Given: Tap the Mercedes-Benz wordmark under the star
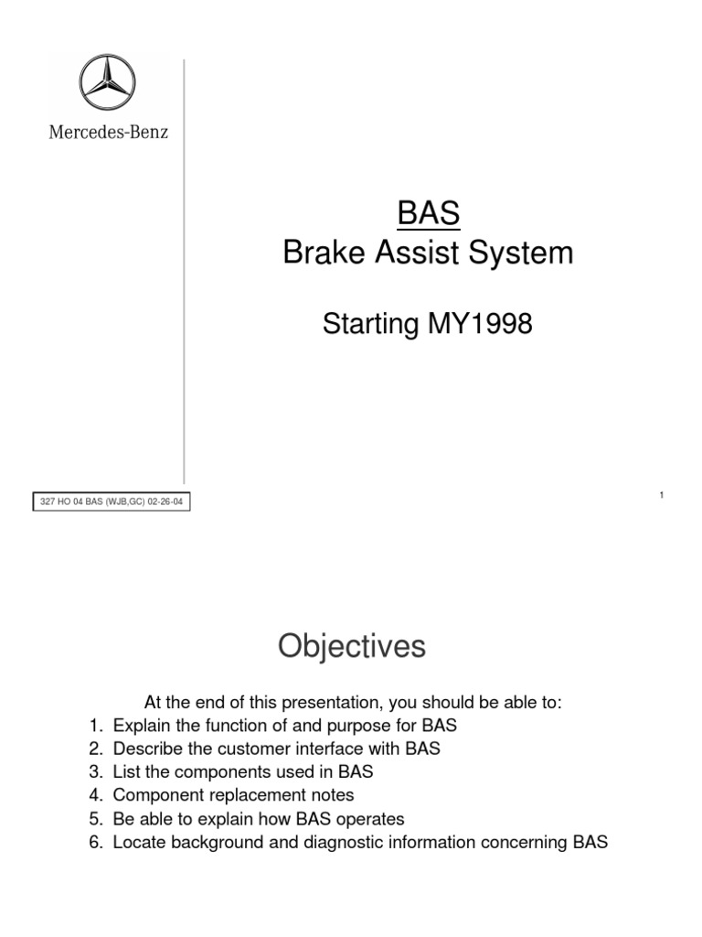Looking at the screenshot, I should [108, 132].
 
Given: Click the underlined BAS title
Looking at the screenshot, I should [428, 214].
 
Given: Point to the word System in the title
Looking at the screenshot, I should [526, 253].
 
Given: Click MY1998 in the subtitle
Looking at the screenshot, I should [480, 324].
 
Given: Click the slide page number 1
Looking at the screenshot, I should [660, 495].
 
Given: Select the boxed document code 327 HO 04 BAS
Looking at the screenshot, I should [113, 502].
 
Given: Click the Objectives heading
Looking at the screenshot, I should [352, 647].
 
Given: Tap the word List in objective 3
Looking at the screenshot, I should [127, 772].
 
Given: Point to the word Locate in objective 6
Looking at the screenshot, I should [140, 843].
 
